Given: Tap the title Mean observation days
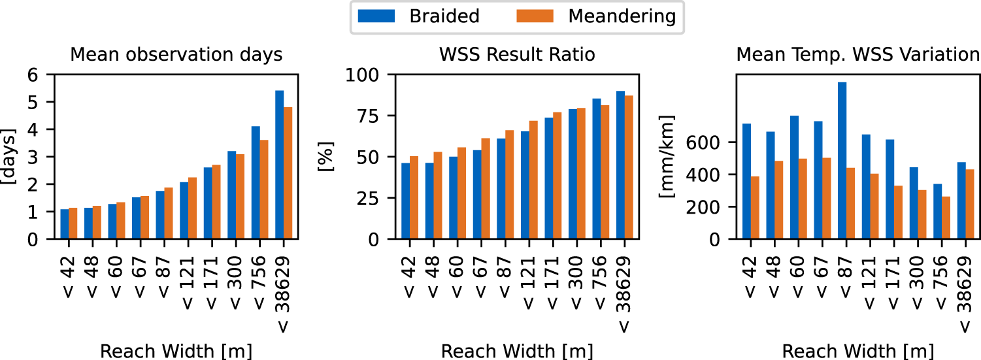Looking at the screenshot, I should pyautogui.click(x=176, y=55).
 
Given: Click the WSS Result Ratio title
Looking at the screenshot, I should pyautogui.click(x=517, y=55).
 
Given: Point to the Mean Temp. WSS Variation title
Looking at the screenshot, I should pyautogui.click(x=857, y=55).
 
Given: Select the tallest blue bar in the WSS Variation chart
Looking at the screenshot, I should pyautogui.click(x=842, y=161).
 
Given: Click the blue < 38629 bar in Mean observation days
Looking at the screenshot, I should pyautogui.click(x=280, y=165).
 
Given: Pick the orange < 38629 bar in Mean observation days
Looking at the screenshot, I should pyautogui.click(x=288, y=173).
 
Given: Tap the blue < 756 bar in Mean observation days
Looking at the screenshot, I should pyautogui.click(x=256, y=183).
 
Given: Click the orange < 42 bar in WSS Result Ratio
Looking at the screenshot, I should pyautogui.click(x=414, y=198).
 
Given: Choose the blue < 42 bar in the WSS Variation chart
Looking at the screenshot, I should pyautogui.click(x=746, y=182).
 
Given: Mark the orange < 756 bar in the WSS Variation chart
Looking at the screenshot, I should pyautogui.click(x=946, y=218).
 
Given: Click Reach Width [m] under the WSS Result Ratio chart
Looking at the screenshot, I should pyautogui.click(x=517, y=351).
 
